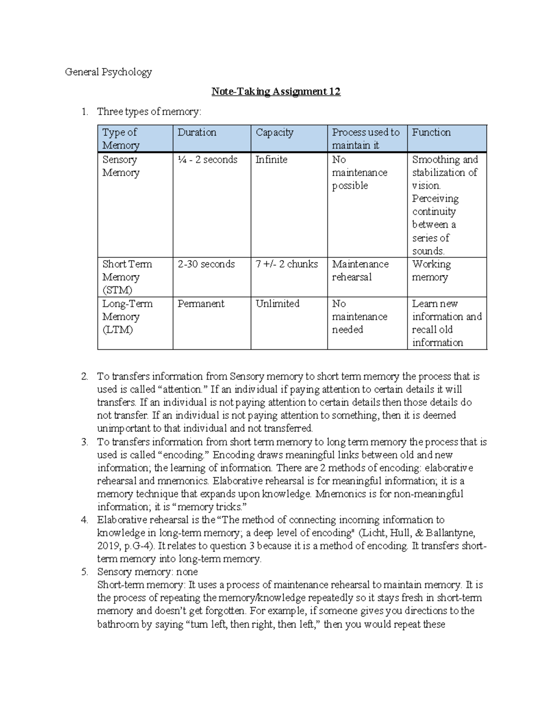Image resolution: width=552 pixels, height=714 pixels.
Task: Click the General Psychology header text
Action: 108,72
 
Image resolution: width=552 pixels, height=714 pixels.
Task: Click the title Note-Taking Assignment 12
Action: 276,91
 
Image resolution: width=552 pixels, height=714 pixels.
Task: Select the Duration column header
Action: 197,132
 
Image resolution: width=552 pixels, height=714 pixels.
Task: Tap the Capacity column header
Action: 274,132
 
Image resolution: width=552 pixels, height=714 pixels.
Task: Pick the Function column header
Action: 431,132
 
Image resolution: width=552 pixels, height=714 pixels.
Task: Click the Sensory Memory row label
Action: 120,166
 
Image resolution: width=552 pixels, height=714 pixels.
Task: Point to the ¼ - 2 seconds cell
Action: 207,160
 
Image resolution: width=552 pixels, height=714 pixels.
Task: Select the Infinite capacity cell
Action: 271,160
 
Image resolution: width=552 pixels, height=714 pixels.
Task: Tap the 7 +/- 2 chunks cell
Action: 287,264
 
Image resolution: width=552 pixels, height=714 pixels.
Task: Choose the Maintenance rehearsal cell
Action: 360,271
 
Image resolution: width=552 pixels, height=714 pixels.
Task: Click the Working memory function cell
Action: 431,271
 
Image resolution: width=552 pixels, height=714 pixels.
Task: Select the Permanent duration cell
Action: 201,304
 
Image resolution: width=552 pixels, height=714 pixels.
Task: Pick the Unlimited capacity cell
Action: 277,304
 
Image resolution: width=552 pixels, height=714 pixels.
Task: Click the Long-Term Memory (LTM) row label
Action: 121,317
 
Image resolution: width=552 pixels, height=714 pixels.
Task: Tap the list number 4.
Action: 84,520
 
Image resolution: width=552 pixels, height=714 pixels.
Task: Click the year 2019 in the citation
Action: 108,546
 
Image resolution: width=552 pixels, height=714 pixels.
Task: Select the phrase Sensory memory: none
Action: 147,572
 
